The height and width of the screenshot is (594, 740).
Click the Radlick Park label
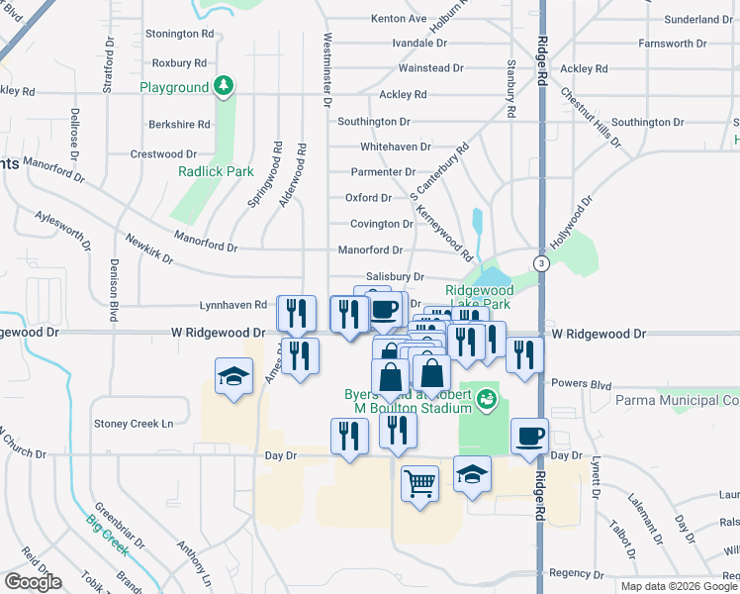tap(216, 171)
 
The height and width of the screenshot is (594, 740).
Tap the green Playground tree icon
tap(227, 87)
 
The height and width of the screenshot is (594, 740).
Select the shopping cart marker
tap(419, 484)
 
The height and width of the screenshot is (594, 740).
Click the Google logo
tap(33, 582)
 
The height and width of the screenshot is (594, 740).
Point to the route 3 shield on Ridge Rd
tap(541, 263)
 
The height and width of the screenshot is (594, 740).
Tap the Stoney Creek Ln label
tap(134, 424)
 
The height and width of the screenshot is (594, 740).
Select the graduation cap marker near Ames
tap(233, 377)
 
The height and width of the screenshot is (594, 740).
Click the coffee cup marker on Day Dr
tap(530, 437)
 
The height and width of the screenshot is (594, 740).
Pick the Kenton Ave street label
tap(399, 19)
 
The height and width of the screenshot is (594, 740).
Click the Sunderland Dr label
tap(698, 19)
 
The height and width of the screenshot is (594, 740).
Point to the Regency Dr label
tap(569, 573)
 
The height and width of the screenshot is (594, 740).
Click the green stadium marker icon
tap(486, 399)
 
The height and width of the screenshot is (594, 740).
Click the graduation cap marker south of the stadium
tap(473, 474)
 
